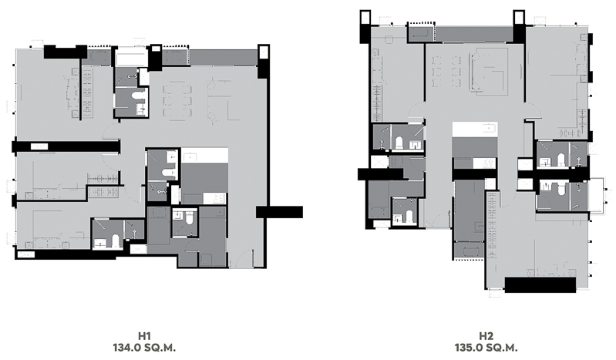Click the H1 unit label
click(144, 336)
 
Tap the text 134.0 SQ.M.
click(144, 348)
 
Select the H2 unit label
click(486, 336)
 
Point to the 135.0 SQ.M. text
click(486, 348)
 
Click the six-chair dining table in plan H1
click(177, 102)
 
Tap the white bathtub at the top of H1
click(131, 59)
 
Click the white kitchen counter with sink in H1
click(204, 156)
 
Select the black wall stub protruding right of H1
click(279, 212)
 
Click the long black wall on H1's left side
click(66, 146)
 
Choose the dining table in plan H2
click(446, 72)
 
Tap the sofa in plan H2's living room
click(486, 71)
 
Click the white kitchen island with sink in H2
click(475, 130)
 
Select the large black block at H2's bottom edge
click(540, 285)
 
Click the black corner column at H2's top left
click(365, 26)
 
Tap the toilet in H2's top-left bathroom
click(399, 143)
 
